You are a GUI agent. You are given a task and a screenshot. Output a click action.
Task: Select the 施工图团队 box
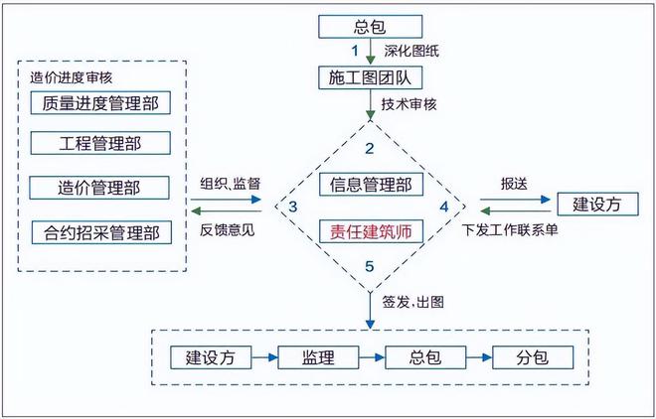370,76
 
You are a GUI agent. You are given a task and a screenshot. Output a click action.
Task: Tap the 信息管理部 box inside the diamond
370,185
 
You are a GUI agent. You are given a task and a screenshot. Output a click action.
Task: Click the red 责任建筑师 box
370,231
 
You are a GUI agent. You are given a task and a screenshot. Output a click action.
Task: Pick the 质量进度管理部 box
99,102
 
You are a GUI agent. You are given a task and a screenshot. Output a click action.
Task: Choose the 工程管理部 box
99,144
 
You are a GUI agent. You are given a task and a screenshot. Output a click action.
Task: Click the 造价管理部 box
99,187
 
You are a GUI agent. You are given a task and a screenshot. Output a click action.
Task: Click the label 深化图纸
410,50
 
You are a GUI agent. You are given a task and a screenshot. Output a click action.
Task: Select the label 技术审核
410,103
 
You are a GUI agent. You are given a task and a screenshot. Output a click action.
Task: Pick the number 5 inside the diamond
369,266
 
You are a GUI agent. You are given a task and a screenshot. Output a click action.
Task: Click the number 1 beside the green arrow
353,49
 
